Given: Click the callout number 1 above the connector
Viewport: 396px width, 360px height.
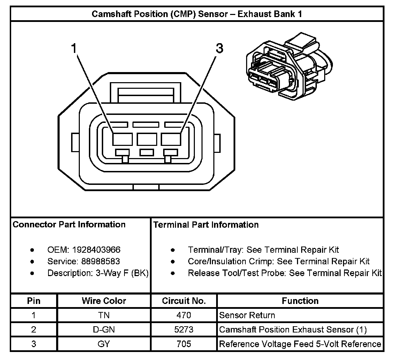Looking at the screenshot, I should pos(74,48).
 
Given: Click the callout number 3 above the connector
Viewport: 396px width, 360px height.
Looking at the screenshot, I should pos(219,49).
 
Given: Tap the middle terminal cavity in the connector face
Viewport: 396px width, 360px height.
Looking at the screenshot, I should pos(147,139).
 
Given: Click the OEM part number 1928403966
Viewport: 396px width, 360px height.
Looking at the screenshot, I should pos(96,250).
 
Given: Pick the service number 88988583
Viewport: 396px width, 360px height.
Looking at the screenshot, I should pos(100,261).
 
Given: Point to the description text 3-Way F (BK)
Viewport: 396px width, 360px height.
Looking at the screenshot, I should pos(122,273).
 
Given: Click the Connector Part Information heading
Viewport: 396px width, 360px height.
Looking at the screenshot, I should pos(69,225).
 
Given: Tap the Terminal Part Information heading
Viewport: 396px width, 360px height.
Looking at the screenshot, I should pos(206,225).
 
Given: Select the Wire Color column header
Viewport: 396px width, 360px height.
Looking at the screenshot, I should pos(104,301).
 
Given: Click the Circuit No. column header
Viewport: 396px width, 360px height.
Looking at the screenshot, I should pos(184,301).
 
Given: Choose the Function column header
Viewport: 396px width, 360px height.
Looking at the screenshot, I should pos(300,301).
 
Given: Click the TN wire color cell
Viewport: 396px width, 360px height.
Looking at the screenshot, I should pos(104,315).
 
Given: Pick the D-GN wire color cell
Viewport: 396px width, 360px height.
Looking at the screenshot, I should pos(104,330).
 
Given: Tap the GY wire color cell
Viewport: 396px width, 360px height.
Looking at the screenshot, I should pos(104,344).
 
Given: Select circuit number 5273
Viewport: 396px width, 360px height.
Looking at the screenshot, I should pos(184,330).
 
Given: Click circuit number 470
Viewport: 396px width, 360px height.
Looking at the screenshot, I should pos(184,315).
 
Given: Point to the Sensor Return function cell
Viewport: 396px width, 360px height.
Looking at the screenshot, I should pos(247,315).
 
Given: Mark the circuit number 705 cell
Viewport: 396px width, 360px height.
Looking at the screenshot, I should pos(184,344).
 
